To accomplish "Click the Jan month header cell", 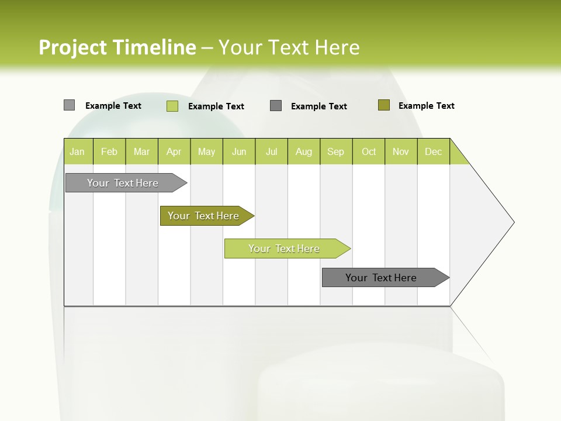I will coord(78,151).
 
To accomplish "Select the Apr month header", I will coord(174,151).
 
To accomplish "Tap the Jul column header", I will coord(271,151).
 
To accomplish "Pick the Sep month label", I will coord(336,151).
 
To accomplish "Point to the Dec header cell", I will coord(433,151).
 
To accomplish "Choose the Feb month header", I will coord(109,151).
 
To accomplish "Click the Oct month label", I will coord(369,151).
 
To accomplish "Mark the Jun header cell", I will coord(239,151).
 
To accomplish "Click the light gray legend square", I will coord(69,105).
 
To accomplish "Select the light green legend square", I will coord(172,106).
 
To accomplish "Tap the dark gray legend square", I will coord(276,106).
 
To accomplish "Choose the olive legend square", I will coord(383,105).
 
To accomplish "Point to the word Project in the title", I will coord(72,47).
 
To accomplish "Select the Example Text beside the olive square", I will coord(426,106).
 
